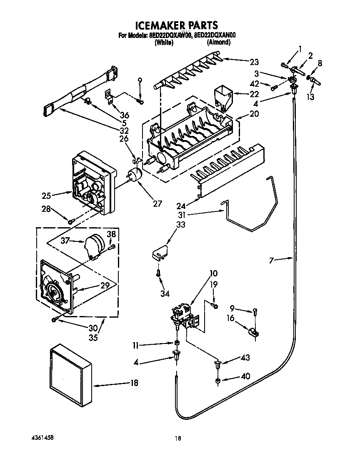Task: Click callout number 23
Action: [254, 63]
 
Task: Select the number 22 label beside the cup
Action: [254, 94]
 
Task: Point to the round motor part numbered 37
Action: [94, 244]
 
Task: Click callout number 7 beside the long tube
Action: [273, 261]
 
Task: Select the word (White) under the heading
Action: [164, 42]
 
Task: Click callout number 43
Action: [245, 358]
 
